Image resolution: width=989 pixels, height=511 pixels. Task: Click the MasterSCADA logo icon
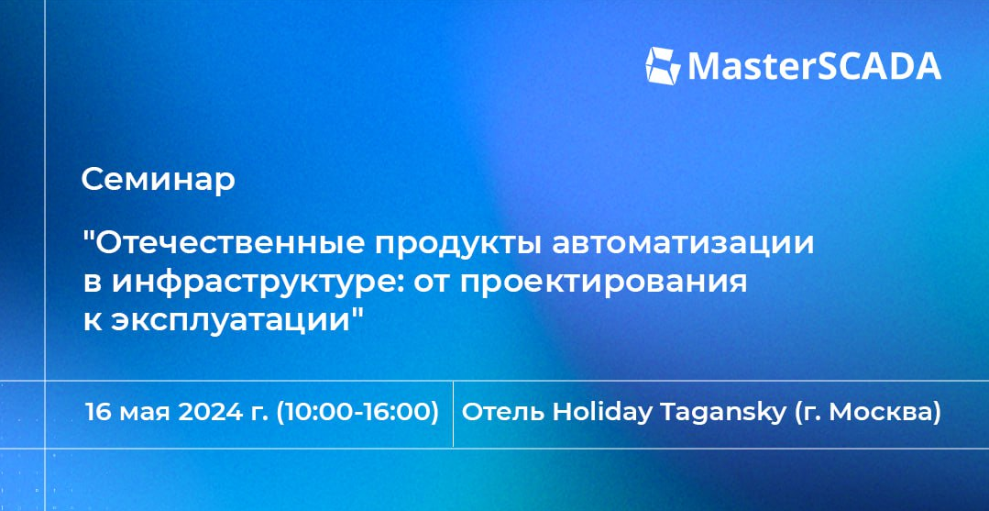663,66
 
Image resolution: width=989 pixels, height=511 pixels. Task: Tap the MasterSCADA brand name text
814,66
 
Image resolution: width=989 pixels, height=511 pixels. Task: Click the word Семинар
159,180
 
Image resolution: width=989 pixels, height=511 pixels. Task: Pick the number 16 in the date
98,413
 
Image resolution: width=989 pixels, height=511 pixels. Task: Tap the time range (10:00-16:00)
357,413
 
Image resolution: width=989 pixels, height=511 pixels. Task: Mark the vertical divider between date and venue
453,415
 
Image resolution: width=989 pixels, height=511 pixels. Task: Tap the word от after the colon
433,284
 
